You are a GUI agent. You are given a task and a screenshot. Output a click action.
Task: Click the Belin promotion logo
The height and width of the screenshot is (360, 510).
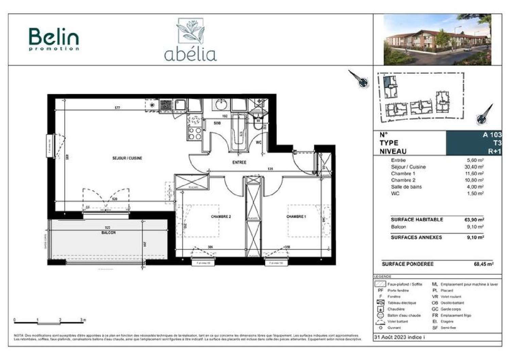pyautogui.click(x=54, y=39)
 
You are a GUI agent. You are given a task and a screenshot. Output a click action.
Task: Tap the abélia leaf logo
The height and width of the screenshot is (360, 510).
pyautogui.click(x=190, y=40)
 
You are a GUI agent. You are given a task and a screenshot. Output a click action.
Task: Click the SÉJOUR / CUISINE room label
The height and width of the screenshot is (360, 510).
pyautogui.click(x=127, y=158)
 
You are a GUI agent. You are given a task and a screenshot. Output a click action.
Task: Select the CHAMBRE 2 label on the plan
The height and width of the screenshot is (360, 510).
pyautogui.click(x=221, y=217)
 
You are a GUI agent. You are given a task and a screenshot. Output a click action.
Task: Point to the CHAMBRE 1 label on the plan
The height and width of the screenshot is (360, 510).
pyautogui.click(x=296, y=217)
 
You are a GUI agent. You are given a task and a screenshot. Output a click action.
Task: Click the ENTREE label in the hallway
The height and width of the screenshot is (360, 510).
pyautogui.click(x=239, y=162)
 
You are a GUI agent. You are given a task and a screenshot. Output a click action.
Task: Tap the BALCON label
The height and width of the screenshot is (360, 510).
pyautogui.click(x=108, y=233)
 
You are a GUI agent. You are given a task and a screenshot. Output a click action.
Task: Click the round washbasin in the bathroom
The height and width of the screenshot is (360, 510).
pyautogui.click(x=222, y=104)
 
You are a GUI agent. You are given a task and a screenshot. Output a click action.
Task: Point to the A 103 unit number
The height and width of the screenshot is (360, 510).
pyautogui.click(x=492, y=135)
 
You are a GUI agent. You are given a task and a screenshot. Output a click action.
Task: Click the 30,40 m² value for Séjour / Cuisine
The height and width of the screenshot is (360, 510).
pyautogui.click(x=475, y=167)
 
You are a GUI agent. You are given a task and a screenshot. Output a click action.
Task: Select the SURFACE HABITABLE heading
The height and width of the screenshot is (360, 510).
pyautogui.click(x=417, y=220)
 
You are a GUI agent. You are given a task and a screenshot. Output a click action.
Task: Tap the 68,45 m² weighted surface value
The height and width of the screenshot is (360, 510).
pyautogui.click(x=483, y=264)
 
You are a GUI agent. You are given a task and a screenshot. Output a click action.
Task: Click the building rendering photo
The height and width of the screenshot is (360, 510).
pyautogui.click(x=437, y=39)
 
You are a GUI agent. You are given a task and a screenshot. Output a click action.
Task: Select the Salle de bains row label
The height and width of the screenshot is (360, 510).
pyautogui.click(x=406, y=187)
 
